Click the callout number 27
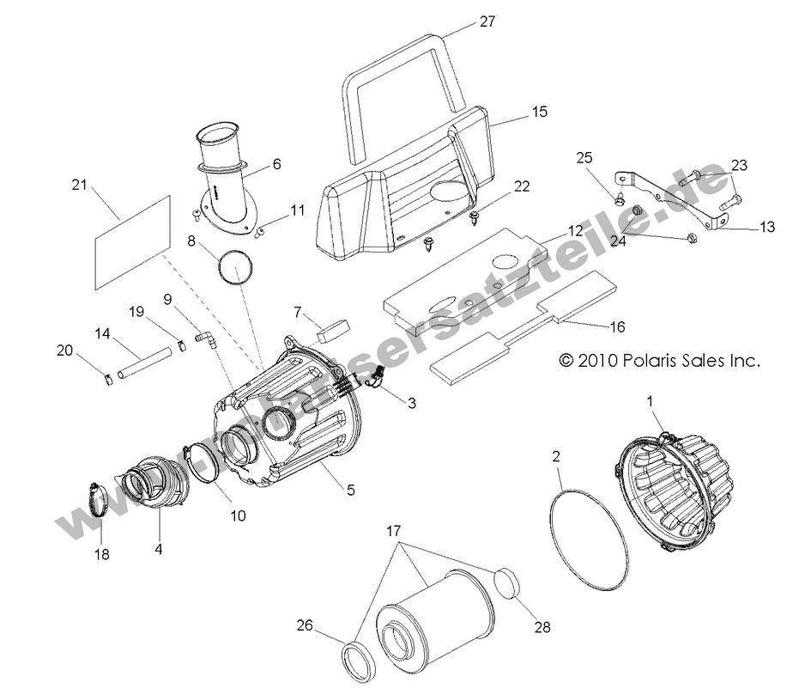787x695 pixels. pyautogui.click(x=487, y=22)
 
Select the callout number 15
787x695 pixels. pyautogui.click(x=515, y=112)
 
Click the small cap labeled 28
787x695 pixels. pyautogui.click(x=508, y=584)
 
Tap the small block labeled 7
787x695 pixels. pyautogui.click(x=332, y=327)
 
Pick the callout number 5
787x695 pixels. pyautogui.click(x=350, y=489)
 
